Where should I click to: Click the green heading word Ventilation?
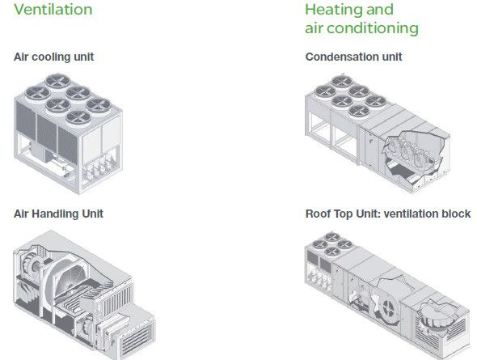[53, 9]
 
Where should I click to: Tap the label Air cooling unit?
[53, 57]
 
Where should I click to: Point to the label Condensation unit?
[353, 57]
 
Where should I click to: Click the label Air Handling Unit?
[58, 214]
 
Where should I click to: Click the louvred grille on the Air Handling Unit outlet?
[137, 339]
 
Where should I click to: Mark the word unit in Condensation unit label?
[392, 57]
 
